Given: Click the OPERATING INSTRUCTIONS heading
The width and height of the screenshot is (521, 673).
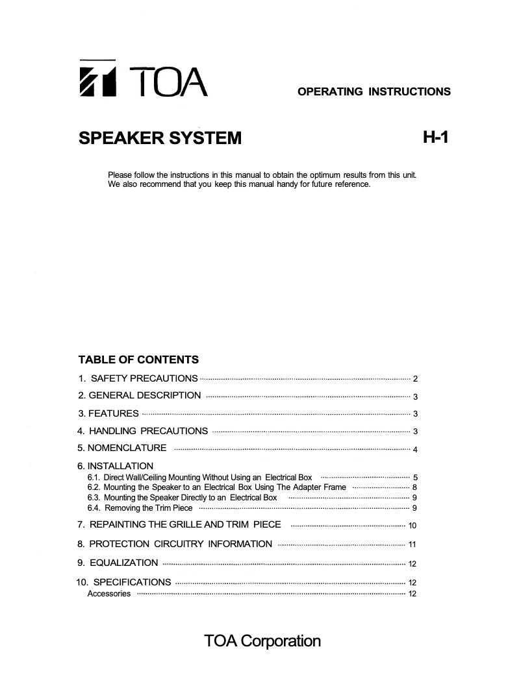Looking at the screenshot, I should (x=374, y=92).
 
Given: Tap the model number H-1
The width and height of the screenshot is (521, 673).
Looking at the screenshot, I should (x=435, y=138).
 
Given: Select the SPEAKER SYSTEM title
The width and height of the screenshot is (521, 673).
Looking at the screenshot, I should (x=159, y=138).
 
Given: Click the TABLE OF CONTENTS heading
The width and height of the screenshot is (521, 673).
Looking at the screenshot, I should (x=138, y=360).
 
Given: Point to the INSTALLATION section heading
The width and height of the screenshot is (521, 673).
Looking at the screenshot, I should (x=115, y=466).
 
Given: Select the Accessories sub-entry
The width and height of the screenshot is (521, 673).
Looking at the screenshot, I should (x=108, y=594).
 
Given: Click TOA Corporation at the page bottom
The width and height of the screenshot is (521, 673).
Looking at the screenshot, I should (x=262, y=641).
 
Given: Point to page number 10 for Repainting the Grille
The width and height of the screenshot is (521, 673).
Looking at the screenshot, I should (x=412, y=526).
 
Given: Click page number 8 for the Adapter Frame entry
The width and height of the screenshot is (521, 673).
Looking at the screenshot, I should (x=414, y=487).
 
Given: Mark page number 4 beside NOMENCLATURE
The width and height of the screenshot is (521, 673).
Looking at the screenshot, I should (x=414, y=450).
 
